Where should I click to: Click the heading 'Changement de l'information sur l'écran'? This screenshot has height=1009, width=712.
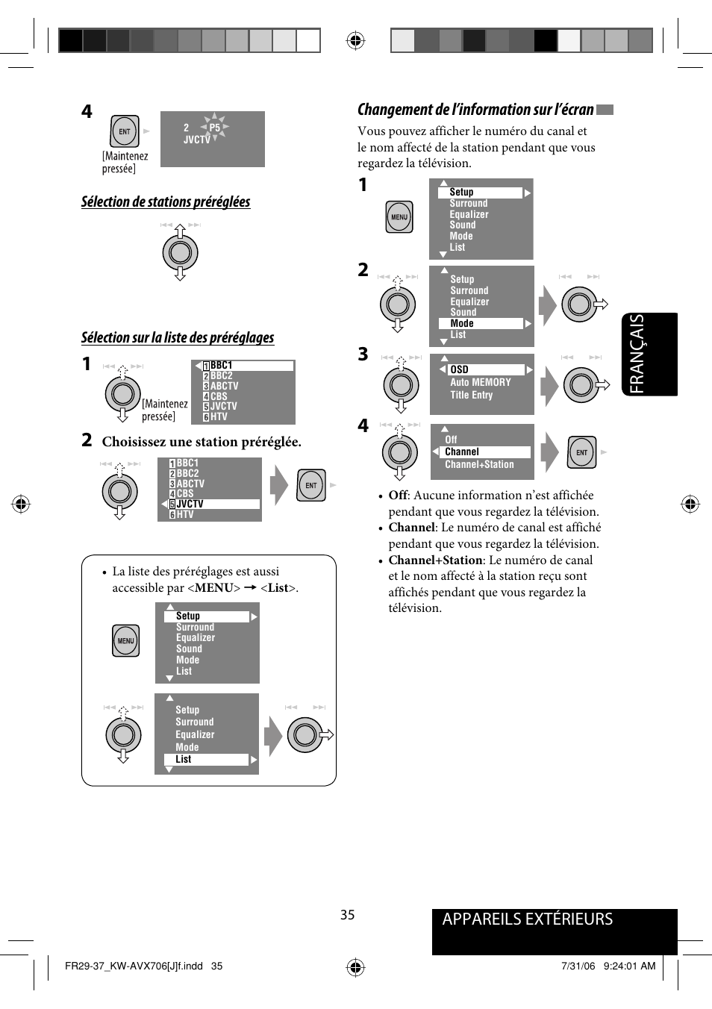(475, 110)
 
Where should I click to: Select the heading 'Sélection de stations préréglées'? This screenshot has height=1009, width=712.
(166, 202)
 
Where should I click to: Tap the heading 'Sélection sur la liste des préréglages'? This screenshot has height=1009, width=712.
(178, 338)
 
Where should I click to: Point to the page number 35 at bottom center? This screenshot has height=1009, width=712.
(348, 915)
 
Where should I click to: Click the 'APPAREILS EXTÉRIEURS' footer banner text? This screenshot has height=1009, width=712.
(527, 919)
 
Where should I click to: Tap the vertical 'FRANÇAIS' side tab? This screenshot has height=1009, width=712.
(637, 354)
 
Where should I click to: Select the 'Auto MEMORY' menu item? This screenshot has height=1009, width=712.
(480, 382)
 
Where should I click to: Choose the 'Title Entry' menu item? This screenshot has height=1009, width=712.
(471, 396)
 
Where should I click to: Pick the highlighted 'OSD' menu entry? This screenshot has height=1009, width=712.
(460, 369)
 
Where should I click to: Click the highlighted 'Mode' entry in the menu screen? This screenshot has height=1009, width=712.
(462, 324)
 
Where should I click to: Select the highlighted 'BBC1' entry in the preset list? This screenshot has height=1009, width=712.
(221, 366)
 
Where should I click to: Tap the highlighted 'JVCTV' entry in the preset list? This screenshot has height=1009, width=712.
(190, 504)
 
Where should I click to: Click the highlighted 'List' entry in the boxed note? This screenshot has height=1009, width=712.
(184, 760)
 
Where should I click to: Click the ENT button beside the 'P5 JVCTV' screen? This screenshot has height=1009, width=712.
(125, 131)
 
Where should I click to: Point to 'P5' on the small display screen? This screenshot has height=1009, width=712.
(215, 128)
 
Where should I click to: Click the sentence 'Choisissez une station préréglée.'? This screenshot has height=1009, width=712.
(202, 442)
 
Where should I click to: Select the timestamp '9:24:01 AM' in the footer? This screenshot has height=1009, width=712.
(629, 966)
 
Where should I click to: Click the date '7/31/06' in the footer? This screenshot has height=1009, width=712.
(578, 966)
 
